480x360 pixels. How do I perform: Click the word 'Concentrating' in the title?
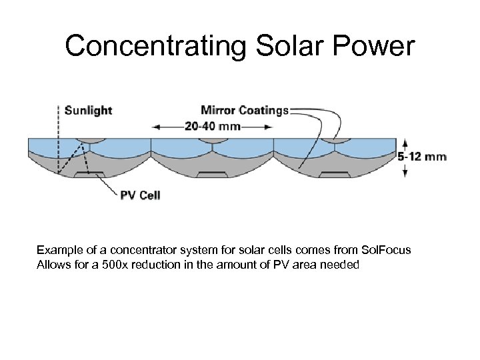(x=156, y=46)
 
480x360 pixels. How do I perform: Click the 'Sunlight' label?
(x=88, y=110)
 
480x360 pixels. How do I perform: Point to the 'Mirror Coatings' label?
(x=245, y=110)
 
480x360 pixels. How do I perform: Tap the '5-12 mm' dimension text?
(x=422, y=156)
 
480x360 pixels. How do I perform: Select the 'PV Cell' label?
(x=140, y=195)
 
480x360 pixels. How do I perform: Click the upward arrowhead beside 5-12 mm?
(x=405, y=141)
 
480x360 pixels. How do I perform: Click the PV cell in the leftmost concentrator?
(x=89, y=174)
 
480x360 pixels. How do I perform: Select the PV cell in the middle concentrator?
(x=212, y=174)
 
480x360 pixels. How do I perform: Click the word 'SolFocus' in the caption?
(x=385, y=250)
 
